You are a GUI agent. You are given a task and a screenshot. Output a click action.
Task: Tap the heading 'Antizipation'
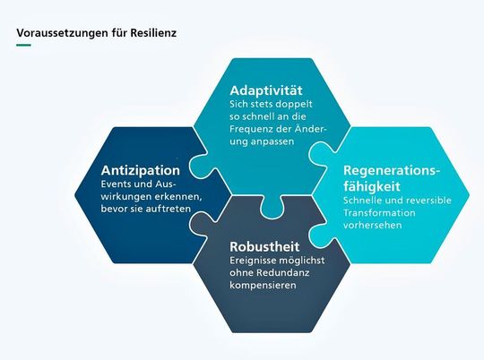(x=141, y=169)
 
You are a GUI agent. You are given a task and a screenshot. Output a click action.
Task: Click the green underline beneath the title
(x=23, y=47)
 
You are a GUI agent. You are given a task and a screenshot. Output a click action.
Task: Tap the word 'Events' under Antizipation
(x=117, y=184)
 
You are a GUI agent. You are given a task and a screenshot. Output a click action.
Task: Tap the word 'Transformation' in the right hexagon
(x=379, y=213)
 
